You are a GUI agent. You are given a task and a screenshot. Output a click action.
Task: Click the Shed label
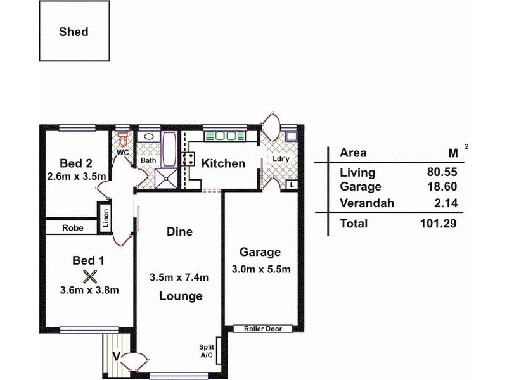click(x=74, y=32)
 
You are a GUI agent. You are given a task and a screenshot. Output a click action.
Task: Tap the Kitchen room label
click(x=223, y=163)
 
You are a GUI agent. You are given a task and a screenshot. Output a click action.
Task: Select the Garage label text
click(x=260, y=252)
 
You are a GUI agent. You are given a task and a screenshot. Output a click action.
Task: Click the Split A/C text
click(x=207, y=351)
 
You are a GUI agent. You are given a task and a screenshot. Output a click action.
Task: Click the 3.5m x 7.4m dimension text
click(x=181, y=277)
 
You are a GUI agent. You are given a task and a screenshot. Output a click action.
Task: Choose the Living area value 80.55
click(x=442, y=172)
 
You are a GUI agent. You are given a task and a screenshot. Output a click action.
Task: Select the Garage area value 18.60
click(x=442, y=187)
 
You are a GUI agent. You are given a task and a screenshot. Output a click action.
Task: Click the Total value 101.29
click(x=439, y=223)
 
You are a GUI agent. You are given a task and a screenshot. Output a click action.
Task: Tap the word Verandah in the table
click(x=367, y=203)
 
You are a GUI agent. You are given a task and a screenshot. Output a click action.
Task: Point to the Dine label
click(x=179, y=232)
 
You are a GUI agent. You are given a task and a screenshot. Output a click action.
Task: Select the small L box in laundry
click(x=291, y=185)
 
